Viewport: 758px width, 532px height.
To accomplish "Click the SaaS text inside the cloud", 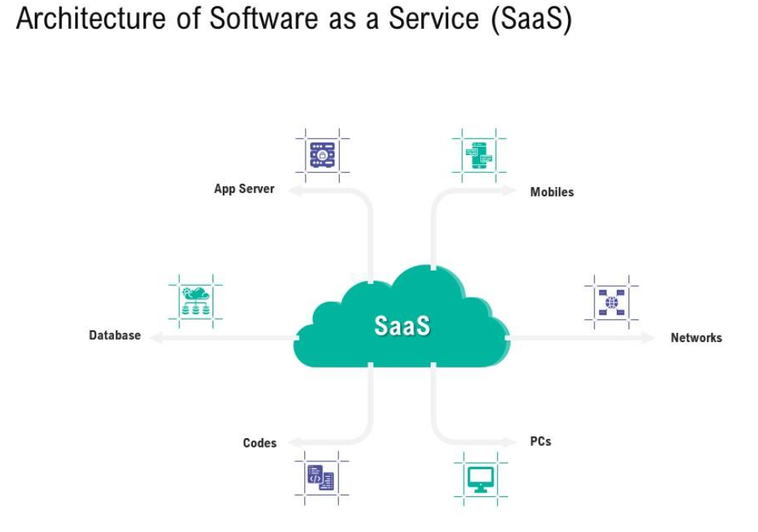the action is pos(402,325).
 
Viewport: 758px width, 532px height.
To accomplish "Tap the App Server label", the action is pos(244,189).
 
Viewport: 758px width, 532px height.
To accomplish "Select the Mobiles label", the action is pos(552,192).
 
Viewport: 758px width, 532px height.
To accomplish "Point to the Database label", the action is pos(115,335).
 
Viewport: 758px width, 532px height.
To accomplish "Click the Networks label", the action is pos(696,337).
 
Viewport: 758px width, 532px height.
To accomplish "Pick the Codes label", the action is pos(260,443).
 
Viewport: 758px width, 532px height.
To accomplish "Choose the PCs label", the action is pos(541,441).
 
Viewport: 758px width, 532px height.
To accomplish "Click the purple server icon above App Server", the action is pos(323,155).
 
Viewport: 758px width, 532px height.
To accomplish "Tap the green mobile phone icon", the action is pos(479,155).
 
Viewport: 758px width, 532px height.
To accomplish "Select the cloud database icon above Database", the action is pos(196,302).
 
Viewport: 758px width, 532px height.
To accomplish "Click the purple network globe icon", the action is pos(611,302).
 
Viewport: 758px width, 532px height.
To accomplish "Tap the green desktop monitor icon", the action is pos(480,479).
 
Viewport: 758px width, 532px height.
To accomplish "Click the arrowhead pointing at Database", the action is pos(157,338).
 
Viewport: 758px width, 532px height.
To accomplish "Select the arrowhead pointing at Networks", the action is pos(648,338).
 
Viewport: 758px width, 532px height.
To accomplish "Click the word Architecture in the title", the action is pos(91,19).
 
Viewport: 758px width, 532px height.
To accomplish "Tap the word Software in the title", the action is pos(264,19).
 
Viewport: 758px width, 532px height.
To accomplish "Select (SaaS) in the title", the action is pos(531,19).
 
